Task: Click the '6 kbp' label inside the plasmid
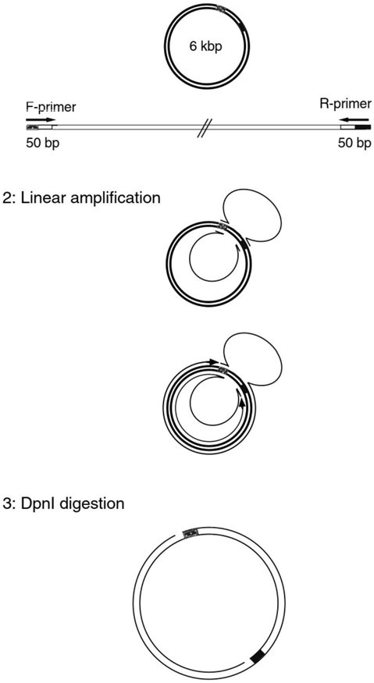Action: pyautogui.click(x=206, y=47)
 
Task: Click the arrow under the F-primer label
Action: pyautogui.click(x=41, y=119)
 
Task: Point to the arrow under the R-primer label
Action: pyautogui.click(x=355, y=118)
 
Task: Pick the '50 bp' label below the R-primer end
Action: pyautogui.click(x=354, y=144)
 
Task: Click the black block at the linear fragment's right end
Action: pyautogui.click(x=364, y=127)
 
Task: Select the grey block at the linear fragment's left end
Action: pyautogui.click(x=33, y=127)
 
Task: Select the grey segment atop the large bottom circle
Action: pyautogui.click(x=191, y=532)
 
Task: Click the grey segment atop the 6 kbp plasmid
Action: pyautogui.click(x=223, y=9)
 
